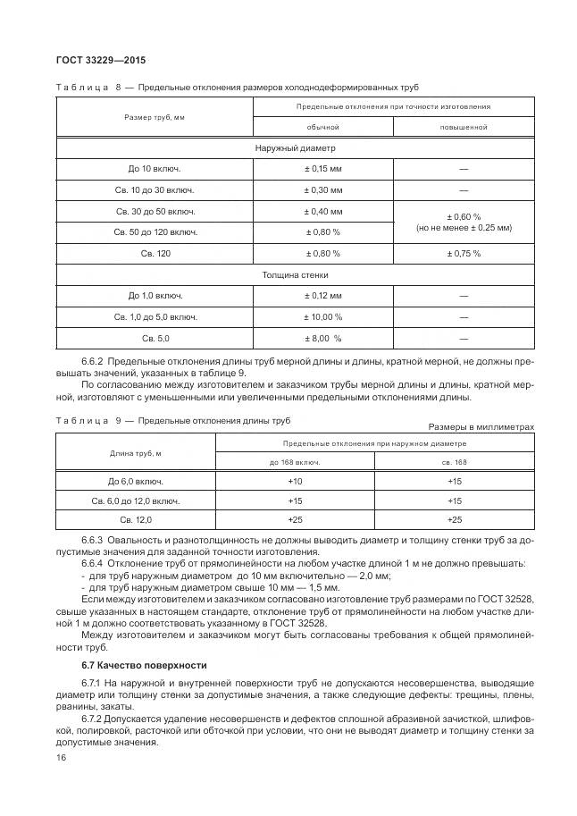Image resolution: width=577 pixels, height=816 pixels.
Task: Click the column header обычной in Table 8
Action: [323, 127]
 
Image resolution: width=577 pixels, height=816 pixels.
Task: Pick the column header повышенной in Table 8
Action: [463, 127]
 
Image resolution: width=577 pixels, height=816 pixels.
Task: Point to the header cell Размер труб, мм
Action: [155, 117]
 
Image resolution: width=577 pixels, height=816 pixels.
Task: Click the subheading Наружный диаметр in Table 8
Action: [295, 147]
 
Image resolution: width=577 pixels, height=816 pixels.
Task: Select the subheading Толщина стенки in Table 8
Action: [295, 275]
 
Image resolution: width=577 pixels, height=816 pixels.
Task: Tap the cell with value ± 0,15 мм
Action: [323, 169]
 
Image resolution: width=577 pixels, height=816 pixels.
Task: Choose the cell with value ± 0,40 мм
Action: [323, 212]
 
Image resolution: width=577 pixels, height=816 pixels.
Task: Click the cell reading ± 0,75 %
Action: [463, 254]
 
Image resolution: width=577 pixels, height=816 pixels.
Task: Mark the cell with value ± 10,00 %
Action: [323, 317]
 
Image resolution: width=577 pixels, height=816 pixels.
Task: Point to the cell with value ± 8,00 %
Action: [323, 339]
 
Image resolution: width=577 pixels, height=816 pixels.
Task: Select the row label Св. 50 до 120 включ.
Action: [155, 232]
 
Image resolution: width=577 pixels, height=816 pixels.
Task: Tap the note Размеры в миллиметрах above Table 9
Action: [481, 426]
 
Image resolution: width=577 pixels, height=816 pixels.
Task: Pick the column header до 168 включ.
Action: [295, 462]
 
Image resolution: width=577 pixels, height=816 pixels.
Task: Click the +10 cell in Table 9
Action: [295, 481]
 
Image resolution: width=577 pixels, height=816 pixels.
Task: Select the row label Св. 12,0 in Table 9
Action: [136, 519]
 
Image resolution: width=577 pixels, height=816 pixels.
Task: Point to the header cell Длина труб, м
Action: [136, 452]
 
